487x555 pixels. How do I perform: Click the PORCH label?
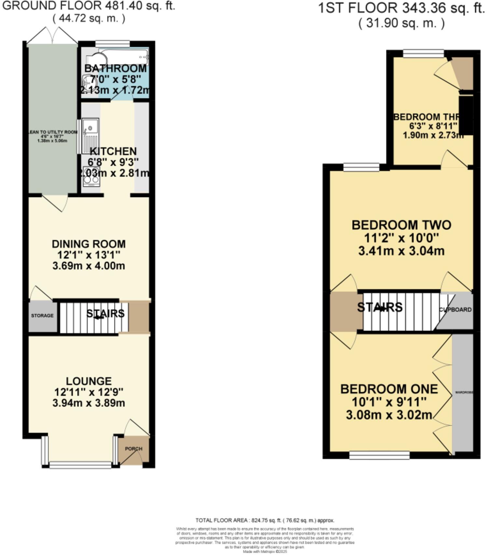[133, 448]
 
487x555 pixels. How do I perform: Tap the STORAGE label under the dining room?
[42, 316]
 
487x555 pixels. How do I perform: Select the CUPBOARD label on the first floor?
[455, 309]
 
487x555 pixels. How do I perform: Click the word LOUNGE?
[89, 381]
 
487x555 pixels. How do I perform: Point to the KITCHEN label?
[113, 151]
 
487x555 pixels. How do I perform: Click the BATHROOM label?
[115, 68]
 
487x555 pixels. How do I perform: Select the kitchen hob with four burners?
[91, 176]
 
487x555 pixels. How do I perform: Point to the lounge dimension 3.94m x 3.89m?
[89, 403]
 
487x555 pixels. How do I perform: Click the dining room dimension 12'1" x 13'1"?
[89, 255]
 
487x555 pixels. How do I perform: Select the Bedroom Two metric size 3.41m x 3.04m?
[401, 251]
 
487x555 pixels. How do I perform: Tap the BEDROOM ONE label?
[389, 389]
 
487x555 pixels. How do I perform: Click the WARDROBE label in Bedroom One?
[464, 392]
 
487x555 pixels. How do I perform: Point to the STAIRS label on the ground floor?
[105, 313]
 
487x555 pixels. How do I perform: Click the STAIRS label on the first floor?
[380, 307]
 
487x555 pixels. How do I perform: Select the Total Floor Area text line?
[265, 520]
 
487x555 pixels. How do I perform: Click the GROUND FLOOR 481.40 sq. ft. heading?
[89, 6]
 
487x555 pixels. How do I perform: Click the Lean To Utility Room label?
[53, 132]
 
